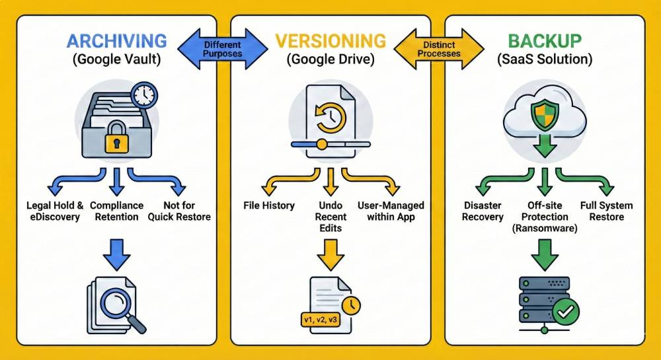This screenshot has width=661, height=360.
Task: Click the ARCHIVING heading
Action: click(x=116, y=40)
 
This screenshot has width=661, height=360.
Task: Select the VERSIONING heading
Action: click(x=330, y=40)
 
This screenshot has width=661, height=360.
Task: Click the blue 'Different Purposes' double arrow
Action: click(x=223, y=49)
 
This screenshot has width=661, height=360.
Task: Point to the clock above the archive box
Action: click(x=143, y=95)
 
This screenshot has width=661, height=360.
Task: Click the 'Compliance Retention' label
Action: click(x=116, y=211)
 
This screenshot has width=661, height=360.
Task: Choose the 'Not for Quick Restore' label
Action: click(x=179, y=211)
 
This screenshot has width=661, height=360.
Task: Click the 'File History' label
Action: click(x=269, y=205)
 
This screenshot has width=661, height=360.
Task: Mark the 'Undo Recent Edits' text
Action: click(x=330, y=217)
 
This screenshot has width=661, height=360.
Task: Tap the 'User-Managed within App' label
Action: click(x=391, y=211)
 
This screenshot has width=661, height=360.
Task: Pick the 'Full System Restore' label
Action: click(x=607, y=211)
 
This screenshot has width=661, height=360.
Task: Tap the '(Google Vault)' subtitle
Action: click(x=116, y=59)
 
